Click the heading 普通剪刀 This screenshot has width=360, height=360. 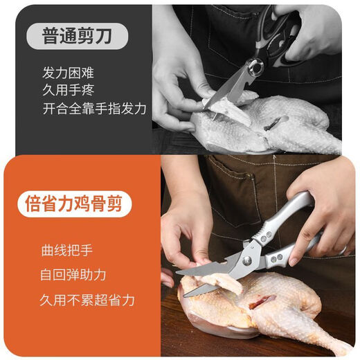click(x=78, y=36)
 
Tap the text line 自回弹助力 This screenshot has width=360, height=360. click(x=73, y=275)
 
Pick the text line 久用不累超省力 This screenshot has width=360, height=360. click(x=87, y=300)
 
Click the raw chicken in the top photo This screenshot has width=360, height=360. click(x=277, y=128)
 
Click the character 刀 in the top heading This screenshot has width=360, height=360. click(x=105, y=36)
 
